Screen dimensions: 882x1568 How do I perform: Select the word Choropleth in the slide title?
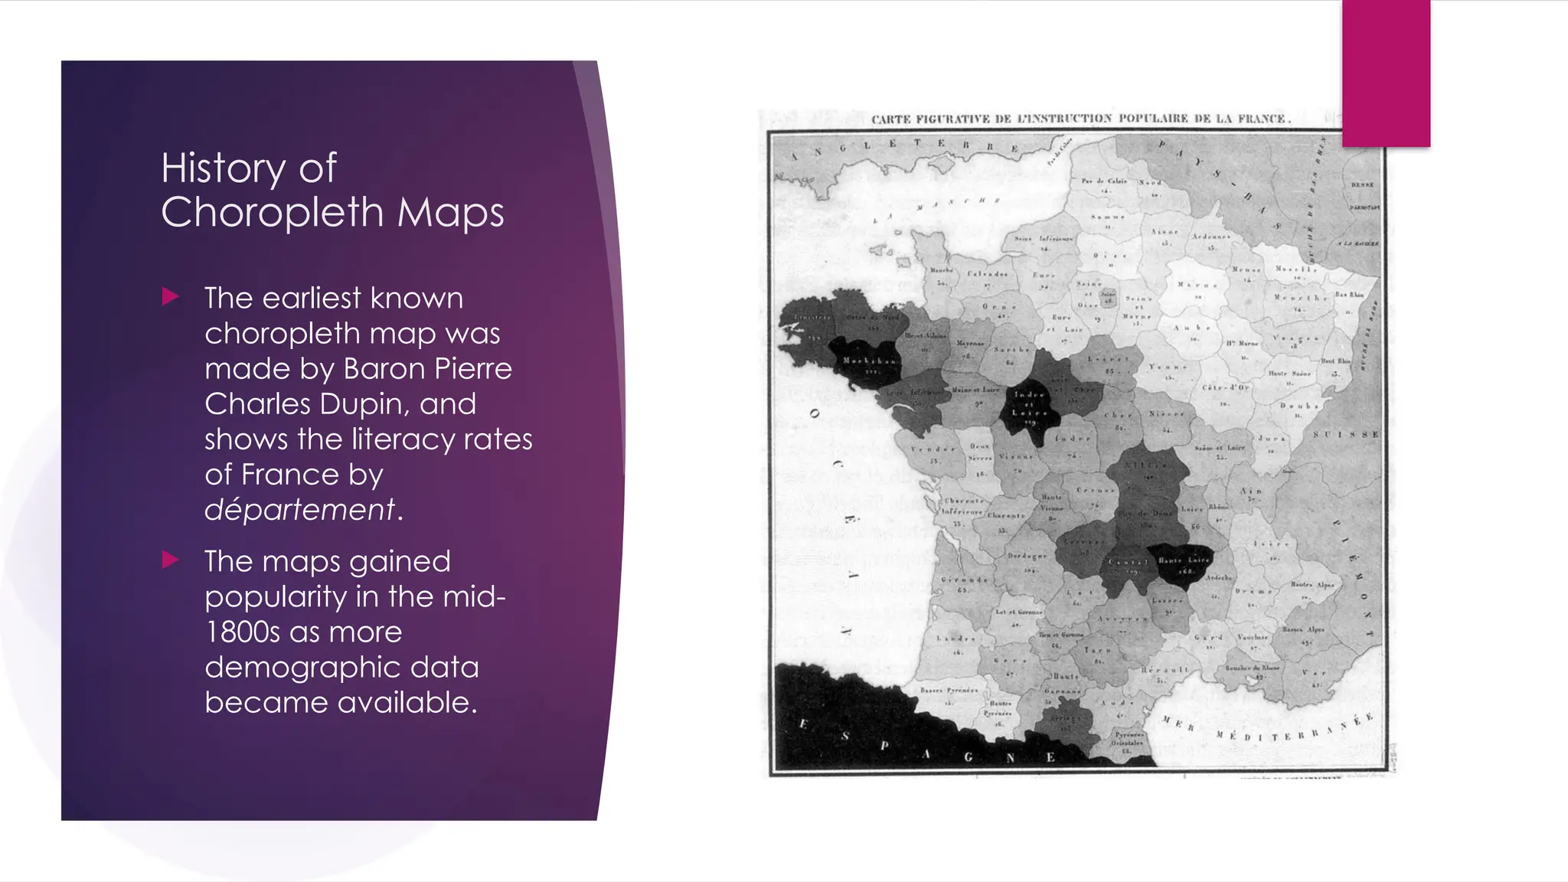pos(273,212)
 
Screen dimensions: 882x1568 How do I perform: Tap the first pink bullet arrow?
pos(171,297)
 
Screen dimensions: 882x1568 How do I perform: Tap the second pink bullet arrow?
pos(171,560)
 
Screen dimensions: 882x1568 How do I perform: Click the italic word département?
pos(299,510)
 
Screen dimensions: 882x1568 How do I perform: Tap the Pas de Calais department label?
pos(1103,181)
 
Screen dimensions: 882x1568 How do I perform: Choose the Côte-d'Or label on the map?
pos(1225,388)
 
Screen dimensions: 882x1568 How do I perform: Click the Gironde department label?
pos(964,580)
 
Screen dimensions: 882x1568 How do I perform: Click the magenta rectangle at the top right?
pos(1386,73)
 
